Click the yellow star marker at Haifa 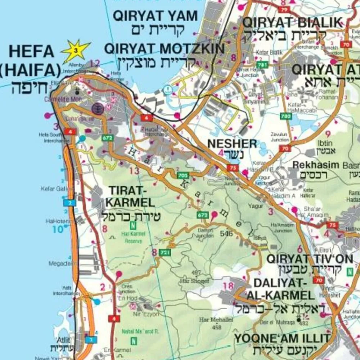pyautogui.click(x=76, y=50)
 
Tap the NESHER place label pyautogui.click(x=232, y=144)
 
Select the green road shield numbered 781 pyautogui.click(x=263, y=65)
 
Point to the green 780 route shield pyautogui.click(x=286, y=116)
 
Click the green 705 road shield pyautogui.click(x=183, y=176)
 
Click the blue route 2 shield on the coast pyautogui.click(x=69, y=203)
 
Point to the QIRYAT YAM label pyautogui.click(x=156, y=16)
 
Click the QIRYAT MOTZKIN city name pyautogui.click(x=164, y=48)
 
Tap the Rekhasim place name pyautogui.click(x=316, y=165)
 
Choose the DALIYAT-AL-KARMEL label pyautogui.click(x=280, y=289)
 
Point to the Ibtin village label pyautogui.click(x=325, y=143)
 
